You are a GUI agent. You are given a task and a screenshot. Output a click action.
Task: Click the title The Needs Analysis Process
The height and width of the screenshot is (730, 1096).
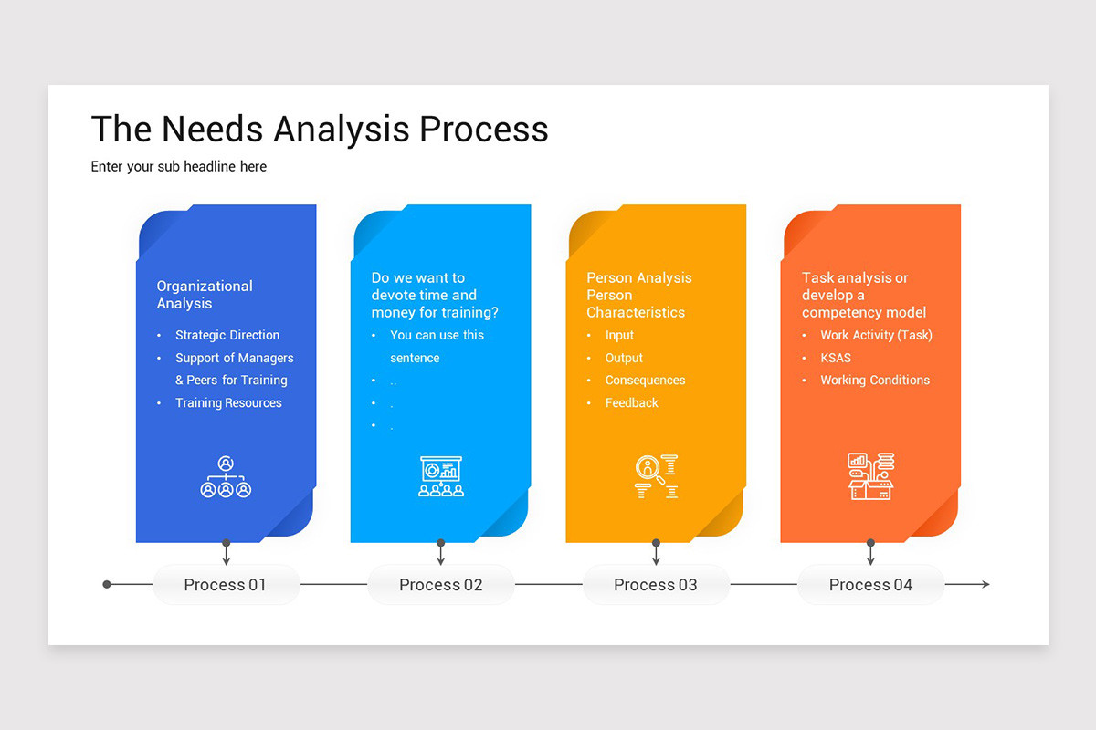pos(320,130)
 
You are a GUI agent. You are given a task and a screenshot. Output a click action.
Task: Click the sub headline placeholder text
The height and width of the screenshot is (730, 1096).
pos(179,167)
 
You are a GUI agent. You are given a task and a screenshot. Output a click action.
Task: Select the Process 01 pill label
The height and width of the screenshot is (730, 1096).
pos(226,585)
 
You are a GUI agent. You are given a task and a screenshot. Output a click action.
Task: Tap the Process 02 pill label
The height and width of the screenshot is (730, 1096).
pos(440,585)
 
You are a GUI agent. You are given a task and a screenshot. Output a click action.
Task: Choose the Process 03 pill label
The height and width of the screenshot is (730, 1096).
pos(656,585)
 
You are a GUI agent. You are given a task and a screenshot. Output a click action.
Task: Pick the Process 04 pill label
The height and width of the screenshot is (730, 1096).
pos(870,585)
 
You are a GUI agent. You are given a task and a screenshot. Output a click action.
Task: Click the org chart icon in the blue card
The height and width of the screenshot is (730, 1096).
pos(226,477)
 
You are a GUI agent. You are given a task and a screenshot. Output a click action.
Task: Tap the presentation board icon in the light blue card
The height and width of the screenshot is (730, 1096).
pos(441,476)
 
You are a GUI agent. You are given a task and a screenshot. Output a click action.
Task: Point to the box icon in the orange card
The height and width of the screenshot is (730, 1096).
pos(870,476)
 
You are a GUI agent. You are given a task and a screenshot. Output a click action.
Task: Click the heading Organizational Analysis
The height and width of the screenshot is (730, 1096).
pos(205,295)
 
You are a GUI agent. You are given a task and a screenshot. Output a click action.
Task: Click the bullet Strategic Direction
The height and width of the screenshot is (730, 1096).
pos(227,335)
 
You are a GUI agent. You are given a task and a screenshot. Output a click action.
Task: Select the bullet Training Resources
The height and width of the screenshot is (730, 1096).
pos(228,402)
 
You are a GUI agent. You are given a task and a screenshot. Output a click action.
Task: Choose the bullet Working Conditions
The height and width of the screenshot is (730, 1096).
pos(874,380)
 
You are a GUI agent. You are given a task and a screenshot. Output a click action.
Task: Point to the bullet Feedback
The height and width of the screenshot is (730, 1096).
pos(631,402)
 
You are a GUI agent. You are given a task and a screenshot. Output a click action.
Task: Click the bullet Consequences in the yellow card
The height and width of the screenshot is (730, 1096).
pos(645,380)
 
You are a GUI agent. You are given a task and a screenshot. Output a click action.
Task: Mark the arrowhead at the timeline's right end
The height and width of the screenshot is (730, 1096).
pos(985,584)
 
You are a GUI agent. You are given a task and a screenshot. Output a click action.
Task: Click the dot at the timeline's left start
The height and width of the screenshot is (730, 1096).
pos(107,584)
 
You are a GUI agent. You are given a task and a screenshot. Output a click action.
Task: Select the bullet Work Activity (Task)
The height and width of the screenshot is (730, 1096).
pos(876,335)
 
